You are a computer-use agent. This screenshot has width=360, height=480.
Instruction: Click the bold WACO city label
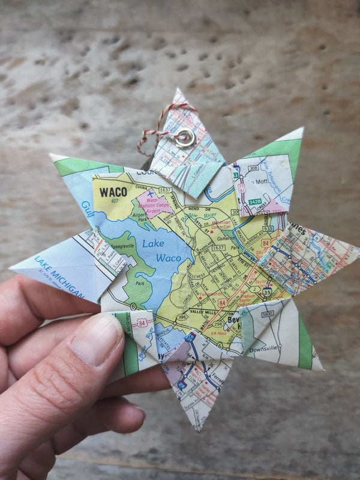click(113, 191)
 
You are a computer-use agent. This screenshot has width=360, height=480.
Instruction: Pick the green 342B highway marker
click(255, 202)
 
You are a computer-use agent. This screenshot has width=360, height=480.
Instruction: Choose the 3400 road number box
click(268, 313)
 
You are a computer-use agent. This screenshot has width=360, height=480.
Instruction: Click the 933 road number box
click(268, 229)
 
